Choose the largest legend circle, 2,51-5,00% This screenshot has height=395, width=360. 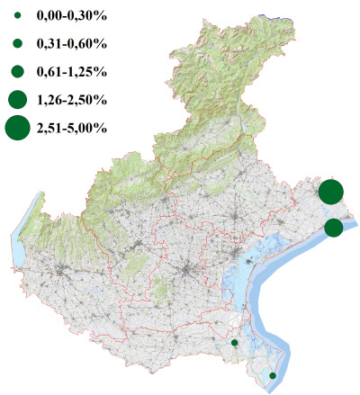pos(18,128)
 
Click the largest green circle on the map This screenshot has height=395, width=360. pos(330,192)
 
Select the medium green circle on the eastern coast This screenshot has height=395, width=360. pos(333,228)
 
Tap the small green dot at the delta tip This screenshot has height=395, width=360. pos(273,375)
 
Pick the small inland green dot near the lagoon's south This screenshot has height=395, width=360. pos(234,343)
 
